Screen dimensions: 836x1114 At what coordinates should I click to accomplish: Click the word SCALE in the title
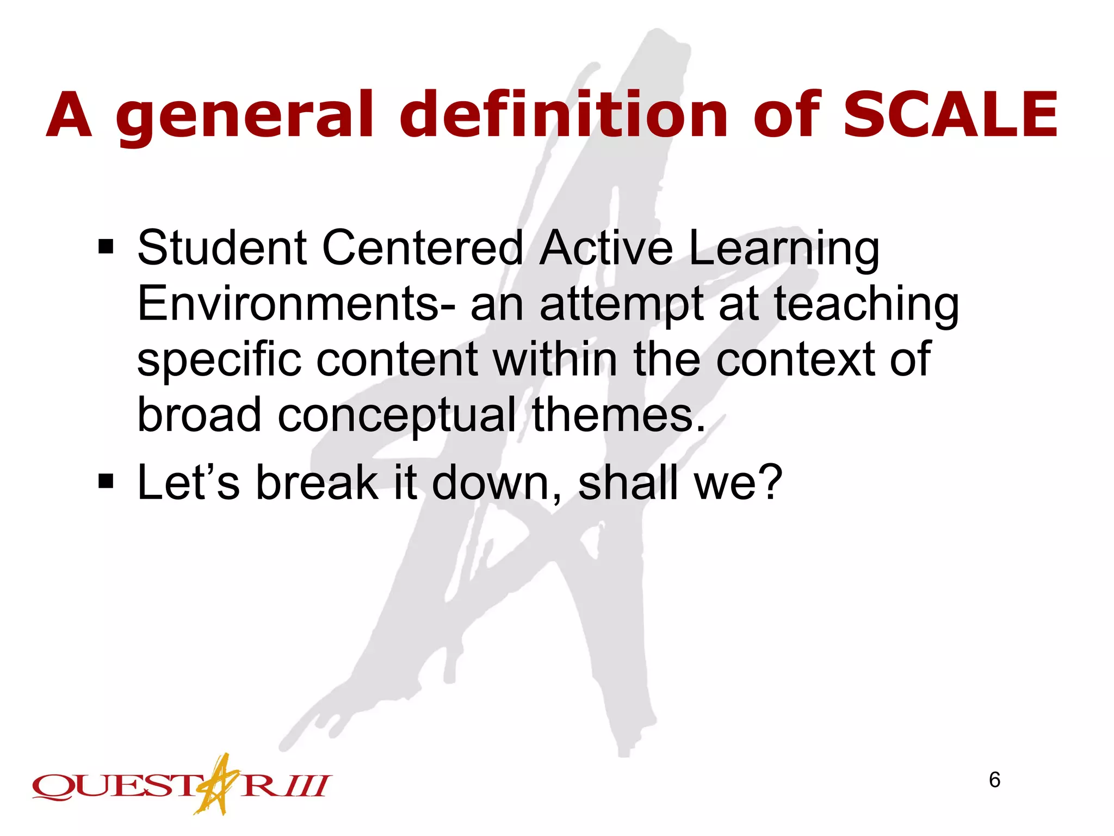[950, 115]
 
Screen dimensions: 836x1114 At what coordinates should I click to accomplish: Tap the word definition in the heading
[564, 115]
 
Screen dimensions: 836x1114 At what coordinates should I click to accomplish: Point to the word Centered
[423, 248]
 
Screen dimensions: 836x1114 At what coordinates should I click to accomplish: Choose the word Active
[606, 248]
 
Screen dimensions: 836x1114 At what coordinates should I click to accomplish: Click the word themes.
[618, 416]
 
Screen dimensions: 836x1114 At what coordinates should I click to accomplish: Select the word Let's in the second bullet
[188, 482]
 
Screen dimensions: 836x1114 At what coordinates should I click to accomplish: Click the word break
[317, 482]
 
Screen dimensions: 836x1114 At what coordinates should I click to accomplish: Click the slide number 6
[994, 780]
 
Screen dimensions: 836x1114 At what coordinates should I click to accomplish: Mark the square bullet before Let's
[106, 481]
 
